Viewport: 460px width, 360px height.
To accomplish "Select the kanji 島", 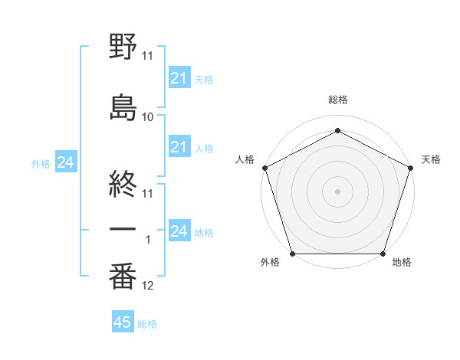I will pyautogui.click(x=123, y=106).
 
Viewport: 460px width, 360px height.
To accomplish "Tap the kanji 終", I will pyautogui.click(x=123, y=181).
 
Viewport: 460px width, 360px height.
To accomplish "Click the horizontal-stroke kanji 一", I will pyautogui.click(x=123, y=229).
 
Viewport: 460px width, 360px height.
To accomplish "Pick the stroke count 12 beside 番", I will pyautogui.click(x=148, y=286).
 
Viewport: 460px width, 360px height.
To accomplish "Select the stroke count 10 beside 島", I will pyautogui.click(x=148, y=117).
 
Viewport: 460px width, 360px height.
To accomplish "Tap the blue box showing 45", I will pyautogui.click(x=123, y=322).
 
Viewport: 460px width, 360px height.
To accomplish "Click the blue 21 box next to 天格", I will pyautogui.click(x=179, y=77).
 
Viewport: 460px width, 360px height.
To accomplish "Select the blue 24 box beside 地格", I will pyautogui.click(x=179, y=231).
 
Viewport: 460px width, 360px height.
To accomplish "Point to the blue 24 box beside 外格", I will pyautogui.click(x=66, y=162).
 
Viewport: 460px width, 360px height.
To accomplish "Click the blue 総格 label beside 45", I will pyautogui.click(x=147, y=324).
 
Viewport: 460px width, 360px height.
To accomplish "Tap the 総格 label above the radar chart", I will pyautogui.click(x=338, y=100).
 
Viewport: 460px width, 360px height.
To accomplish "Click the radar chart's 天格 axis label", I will pyautogui.click(x=431, y=159).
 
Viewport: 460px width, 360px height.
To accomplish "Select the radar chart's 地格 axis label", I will pyautogui.click(x=402, y=263).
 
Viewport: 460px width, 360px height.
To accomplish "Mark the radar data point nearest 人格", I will pyautogui.click(x=265, y=168).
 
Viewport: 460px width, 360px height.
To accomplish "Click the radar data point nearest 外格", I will pyautogui.click(x=293, y=254).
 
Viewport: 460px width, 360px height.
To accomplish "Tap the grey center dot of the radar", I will pyautogui.click(x=338, y=191).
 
